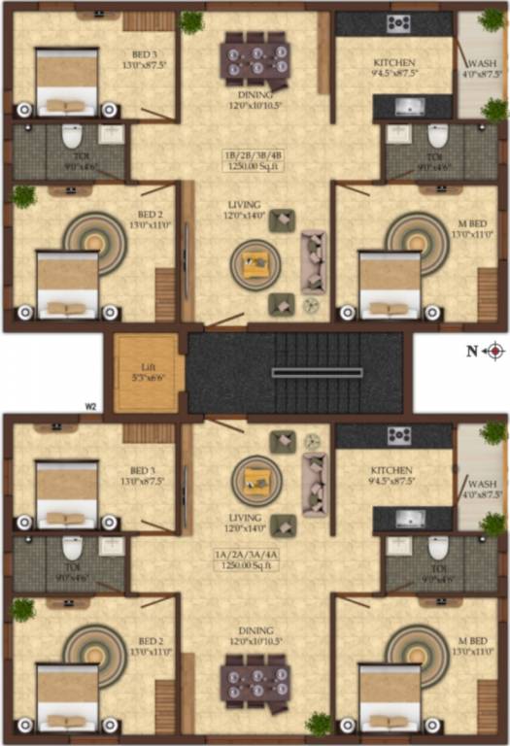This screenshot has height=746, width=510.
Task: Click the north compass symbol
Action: [x=494, y=351]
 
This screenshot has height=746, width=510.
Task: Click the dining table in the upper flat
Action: [x=255, y=58]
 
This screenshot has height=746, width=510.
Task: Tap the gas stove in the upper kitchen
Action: [x=398, y=24]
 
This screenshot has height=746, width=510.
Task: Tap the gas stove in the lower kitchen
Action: [x=398, y=435]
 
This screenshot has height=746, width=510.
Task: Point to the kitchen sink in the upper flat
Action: [x=407, y=105]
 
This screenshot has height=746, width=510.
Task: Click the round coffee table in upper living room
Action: [x=256, y=261]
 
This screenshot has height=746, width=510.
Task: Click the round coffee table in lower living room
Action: [x=256, y=479]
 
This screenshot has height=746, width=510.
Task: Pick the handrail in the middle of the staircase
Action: [x=303, y=372]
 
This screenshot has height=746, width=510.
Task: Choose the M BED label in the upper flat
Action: [x=473, y=223]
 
